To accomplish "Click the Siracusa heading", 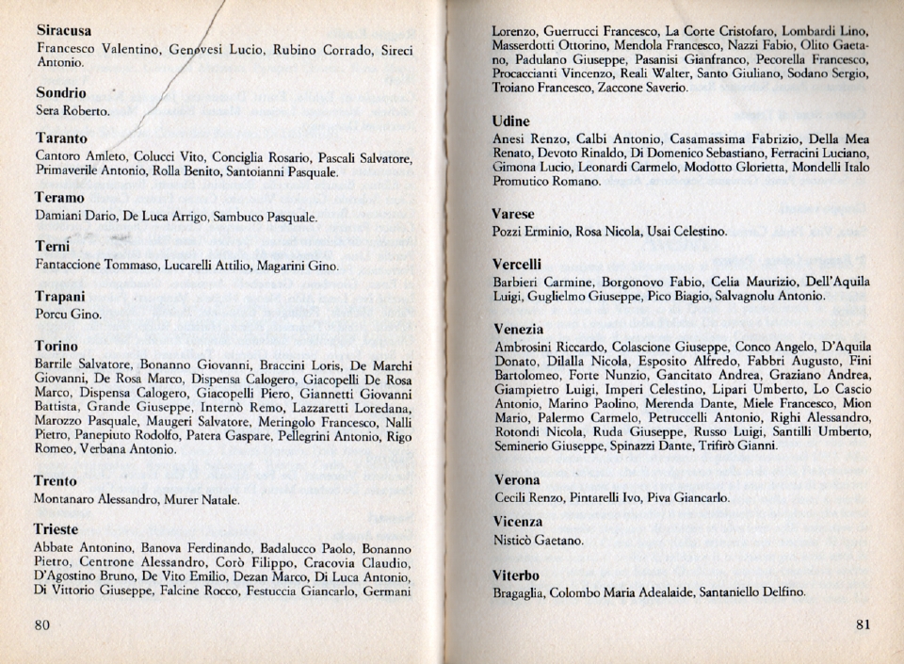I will pos(64,31).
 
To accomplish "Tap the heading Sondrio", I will pos(61,93).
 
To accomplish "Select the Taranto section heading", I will pos(61,138).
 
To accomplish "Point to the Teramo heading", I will pos(60,199).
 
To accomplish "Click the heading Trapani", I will pos(61,296).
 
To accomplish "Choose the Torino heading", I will pos(56,346).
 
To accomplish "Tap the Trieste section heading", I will pos(56,529).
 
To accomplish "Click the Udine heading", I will pos(511,121).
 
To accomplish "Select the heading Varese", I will pos(514,214).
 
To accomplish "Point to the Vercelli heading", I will pos(517,264).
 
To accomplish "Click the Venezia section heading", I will pos(518,330).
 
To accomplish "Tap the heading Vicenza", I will pos(518,522).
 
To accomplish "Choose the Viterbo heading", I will pos(516,575).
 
